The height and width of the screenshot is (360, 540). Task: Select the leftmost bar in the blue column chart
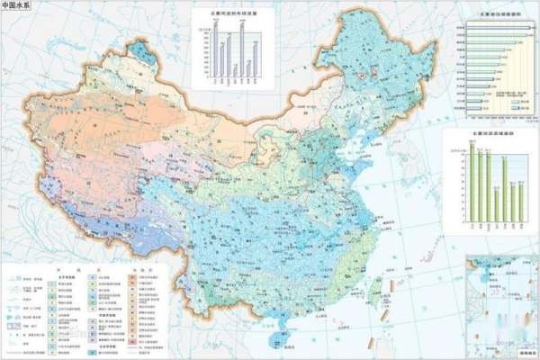[x=215, y=49]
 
